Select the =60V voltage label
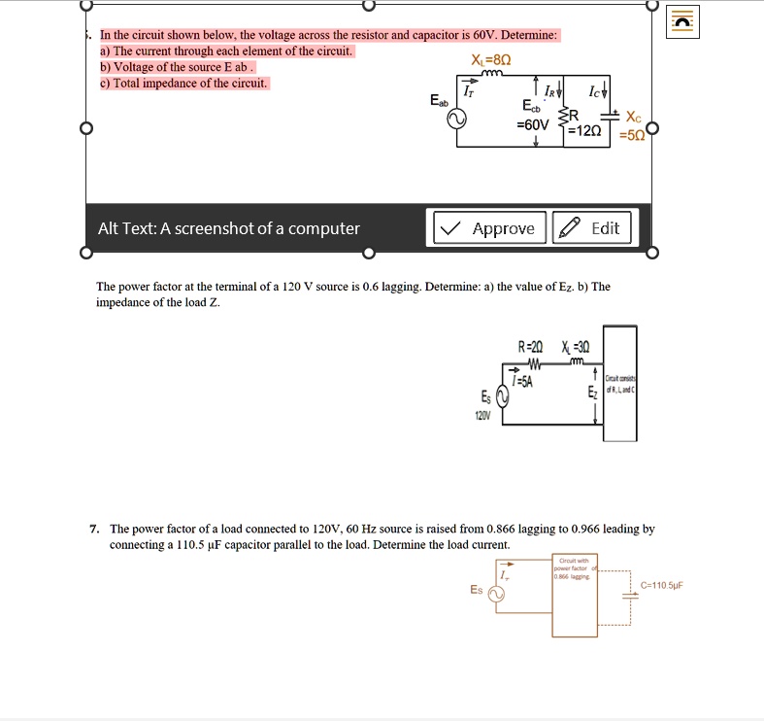pos(533,125)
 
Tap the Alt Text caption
pos(229,229)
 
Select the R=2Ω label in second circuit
pos(532,347)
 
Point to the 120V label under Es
pos(483,414)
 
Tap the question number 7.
pos(93,530)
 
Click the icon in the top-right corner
pos(684,20)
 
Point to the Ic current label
pos(594,93)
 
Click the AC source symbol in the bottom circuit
pos(496,595)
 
